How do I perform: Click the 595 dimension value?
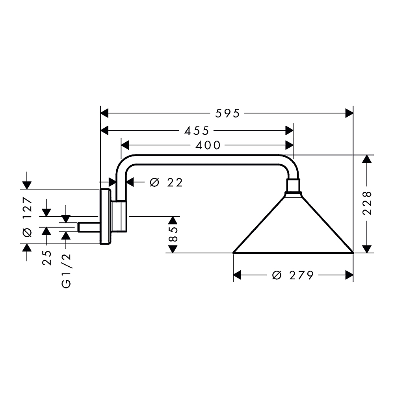click(x=228, y=113)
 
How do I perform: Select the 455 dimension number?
click(x=197, y=131)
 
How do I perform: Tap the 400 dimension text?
click(x=208, y=145)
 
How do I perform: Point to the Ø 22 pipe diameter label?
click(x=166, y=182)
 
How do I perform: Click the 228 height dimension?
click(x=367, y=203)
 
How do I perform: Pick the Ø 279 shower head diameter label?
click(x=293, y=275)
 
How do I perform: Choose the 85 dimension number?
click(x=173, y=234)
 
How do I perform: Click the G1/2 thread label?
click(x=66, y=271)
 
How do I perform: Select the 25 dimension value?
click(x=47, y=258)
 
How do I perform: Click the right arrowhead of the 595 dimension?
click(x=349, y=113)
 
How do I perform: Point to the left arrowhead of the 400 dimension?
click(x=125, y=145)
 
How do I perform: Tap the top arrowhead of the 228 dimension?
click(x=367, y=159)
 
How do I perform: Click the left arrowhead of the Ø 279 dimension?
click(x=237, y=275)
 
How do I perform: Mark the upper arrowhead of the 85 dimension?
click(x=173, y=220)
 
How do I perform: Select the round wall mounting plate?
click(x=105, y=216)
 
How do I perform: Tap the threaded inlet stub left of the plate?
click(x=89, y=227)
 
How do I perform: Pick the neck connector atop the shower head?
click(x=293, y=186)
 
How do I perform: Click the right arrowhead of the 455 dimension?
click(x=289, y=131)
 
